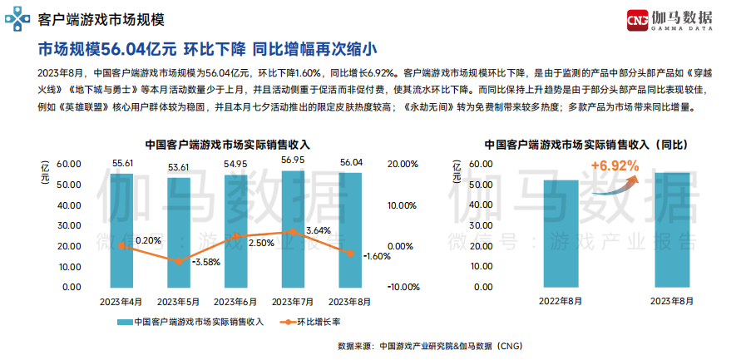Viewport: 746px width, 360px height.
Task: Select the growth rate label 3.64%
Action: (319, 229)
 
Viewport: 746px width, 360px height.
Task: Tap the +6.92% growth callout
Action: (615, 166)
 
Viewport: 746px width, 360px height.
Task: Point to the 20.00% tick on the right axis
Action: (403, 164)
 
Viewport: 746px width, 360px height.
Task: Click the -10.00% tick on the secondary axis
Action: (403, 287)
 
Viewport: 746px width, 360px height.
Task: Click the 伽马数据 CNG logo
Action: (674, 17)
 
